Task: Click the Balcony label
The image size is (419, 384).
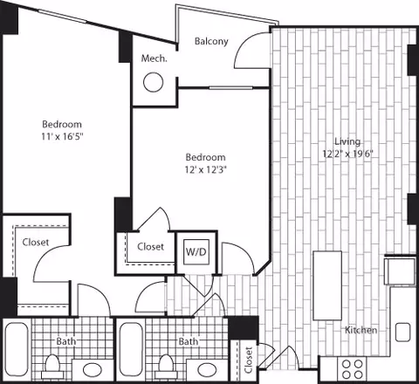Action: (210, 41)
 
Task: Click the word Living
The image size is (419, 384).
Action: (349, 141)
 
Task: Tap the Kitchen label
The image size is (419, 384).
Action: (360, 330)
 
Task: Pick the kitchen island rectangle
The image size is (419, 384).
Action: (327, 275)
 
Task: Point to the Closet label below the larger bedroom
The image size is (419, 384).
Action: (35, 243)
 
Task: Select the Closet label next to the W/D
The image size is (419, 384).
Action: (150, 247)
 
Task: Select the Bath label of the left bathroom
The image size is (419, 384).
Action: (65, 342)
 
